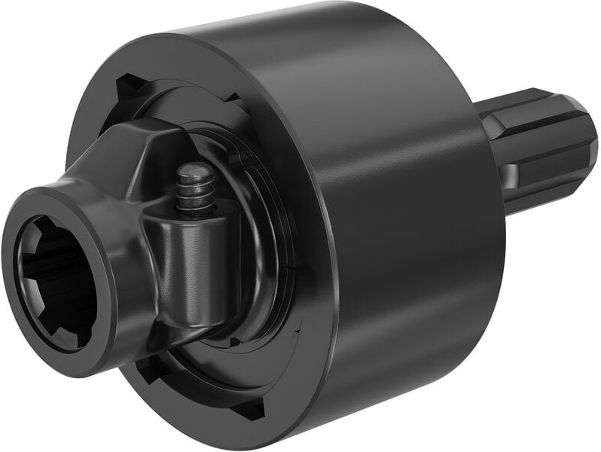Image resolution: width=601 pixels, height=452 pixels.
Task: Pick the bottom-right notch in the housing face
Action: click(249, 408)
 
